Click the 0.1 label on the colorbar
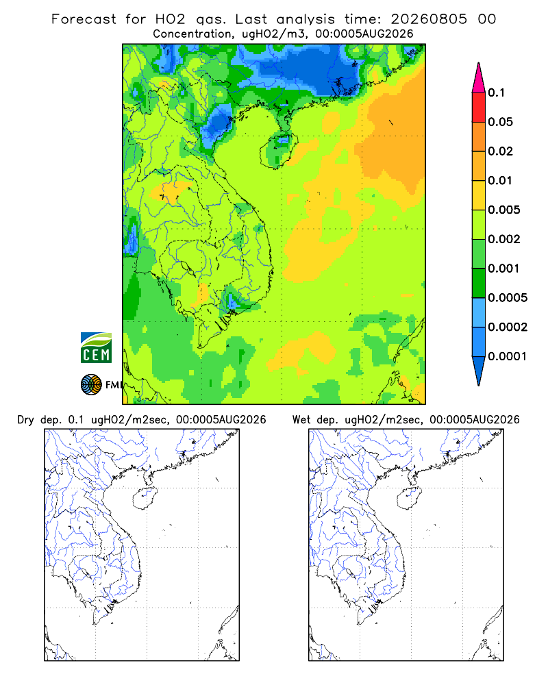click(496, 92)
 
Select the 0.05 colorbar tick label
click(500, 122)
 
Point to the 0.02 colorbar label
click(500, 151)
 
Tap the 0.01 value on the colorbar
click(500, 180)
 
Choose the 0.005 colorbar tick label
click(504, 210)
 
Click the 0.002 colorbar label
click(504, 239)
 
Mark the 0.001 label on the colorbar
click(504, 269)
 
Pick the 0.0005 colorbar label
click(508, 297)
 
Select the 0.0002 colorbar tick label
click(508, 327)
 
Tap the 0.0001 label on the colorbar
click(508, 356)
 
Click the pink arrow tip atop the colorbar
click(479, 63)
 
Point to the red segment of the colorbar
click(479, 108)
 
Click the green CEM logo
click(96, 348)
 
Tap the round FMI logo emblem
click(91, 385)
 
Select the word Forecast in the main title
click(84, 19)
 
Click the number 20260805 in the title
click(429, 19)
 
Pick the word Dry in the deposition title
click(25, 420)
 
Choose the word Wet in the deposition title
click(301, 420)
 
